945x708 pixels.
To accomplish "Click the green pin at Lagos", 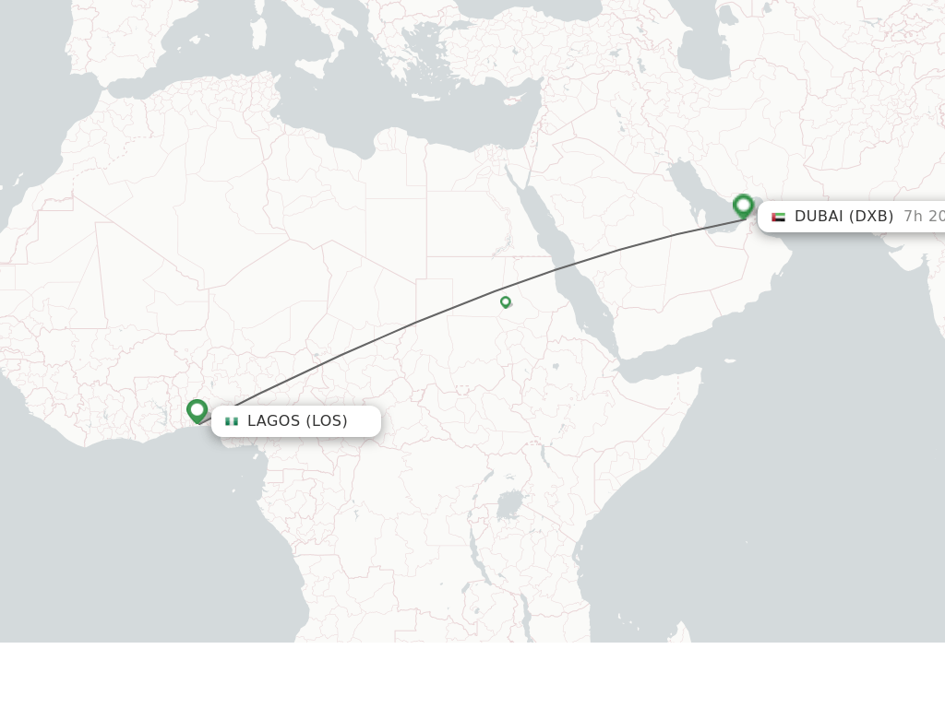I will click(x=197, y=410).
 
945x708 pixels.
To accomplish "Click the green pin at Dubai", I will click(x=743, y=206).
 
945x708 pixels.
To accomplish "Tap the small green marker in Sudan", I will click(x=506, y=301).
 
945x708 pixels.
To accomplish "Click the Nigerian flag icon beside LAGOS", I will click(x=232, y=421).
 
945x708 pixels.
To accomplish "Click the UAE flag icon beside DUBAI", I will click(x=778, y=217).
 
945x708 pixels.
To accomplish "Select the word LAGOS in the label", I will click(x=273, y=421).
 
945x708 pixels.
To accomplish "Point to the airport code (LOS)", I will click(x=327, y=421).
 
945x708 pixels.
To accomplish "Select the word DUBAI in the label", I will click(x=819, y=217).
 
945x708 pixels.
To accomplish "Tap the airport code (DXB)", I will click(x=871, y=217).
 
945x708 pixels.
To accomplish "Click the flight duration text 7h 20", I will click(x=923, y=217).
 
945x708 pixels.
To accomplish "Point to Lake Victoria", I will click(x=508, y=505).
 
